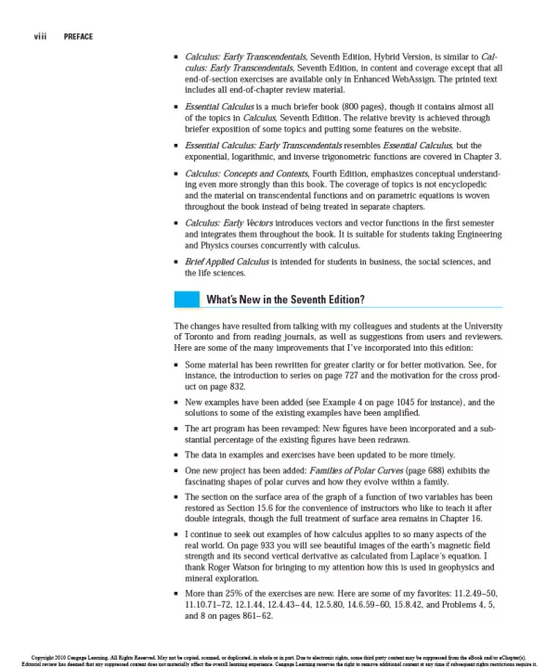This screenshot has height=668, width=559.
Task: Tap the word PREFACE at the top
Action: click(x=78, y=36)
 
